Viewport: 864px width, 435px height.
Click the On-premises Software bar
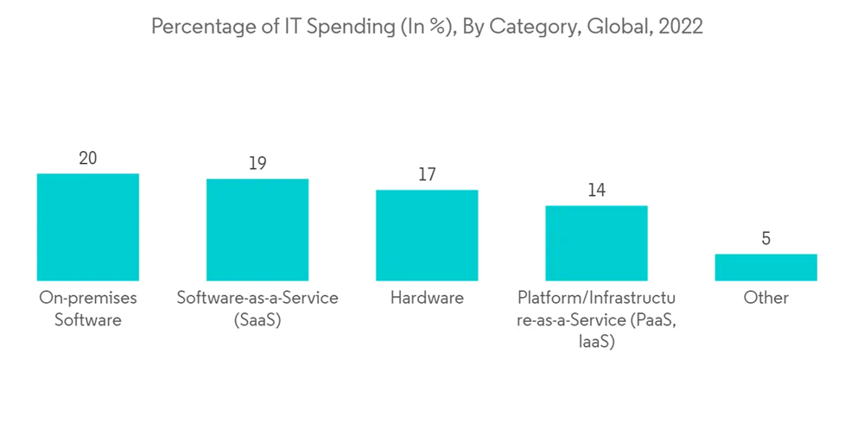click(x=87, y=227)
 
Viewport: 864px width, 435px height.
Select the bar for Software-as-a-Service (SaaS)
click(x=257, y=230)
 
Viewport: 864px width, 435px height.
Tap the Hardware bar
click(x=427, y=235)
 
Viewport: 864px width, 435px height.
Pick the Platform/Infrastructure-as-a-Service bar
click(x=596, y=243)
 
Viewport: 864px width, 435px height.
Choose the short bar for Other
click(x=766, y=267)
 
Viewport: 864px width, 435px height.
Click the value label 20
click(x=87, y=158)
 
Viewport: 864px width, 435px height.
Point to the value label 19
click(x=257, y=163)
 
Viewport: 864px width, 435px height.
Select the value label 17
click(x=427, y=174)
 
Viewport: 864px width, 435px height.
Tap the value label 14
click(x=596, y=190)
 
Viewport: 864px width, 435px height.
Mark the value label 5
click(x=766, y=238)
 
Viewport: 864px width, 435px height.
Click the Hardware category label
click(x=427, y=298)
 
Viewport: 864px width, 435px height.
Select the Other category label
click(x=766, y=298)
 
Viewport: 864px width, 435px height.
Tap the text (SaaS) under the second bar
click(x=257, y=320)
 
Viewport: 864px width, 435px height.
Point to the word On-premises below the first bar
click(x=87, y=298)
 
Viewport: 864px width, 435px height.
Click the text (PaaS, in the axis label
click(x=650, y=320)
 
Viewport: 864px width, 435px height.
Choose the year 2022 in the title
click(x=681, y=27)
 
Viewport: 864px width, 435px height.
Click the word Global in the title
click(x=615, y=27)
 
